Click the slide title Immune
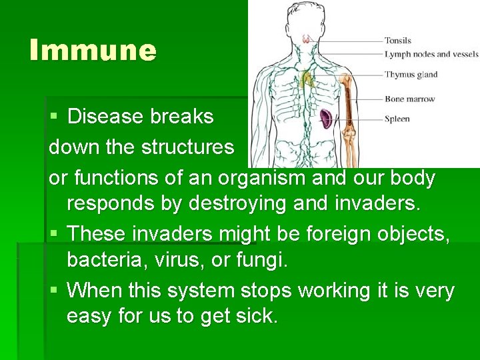click(93, 51)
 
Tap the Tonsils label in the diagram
click(398, 41)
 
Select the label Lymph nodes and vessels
click(431, 54)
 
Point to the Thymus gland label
click(411, 74)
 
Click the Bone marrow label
click(409, 99)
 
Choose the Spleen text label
click(397, 119)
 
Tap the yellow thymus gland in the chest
click(307, 80)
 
